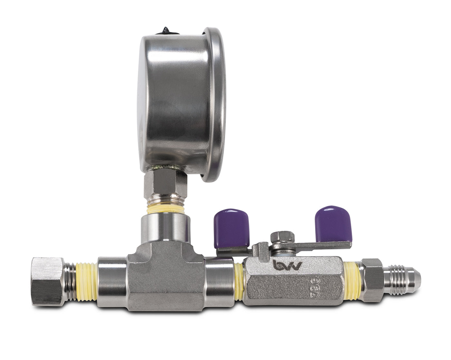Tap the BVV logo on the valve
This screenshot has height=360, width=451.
tap(287, 265)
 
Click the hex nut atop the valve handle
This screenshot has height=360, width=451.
tap(283, 237)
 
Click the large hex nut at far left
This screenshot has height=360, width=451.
tap(48, 280)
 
